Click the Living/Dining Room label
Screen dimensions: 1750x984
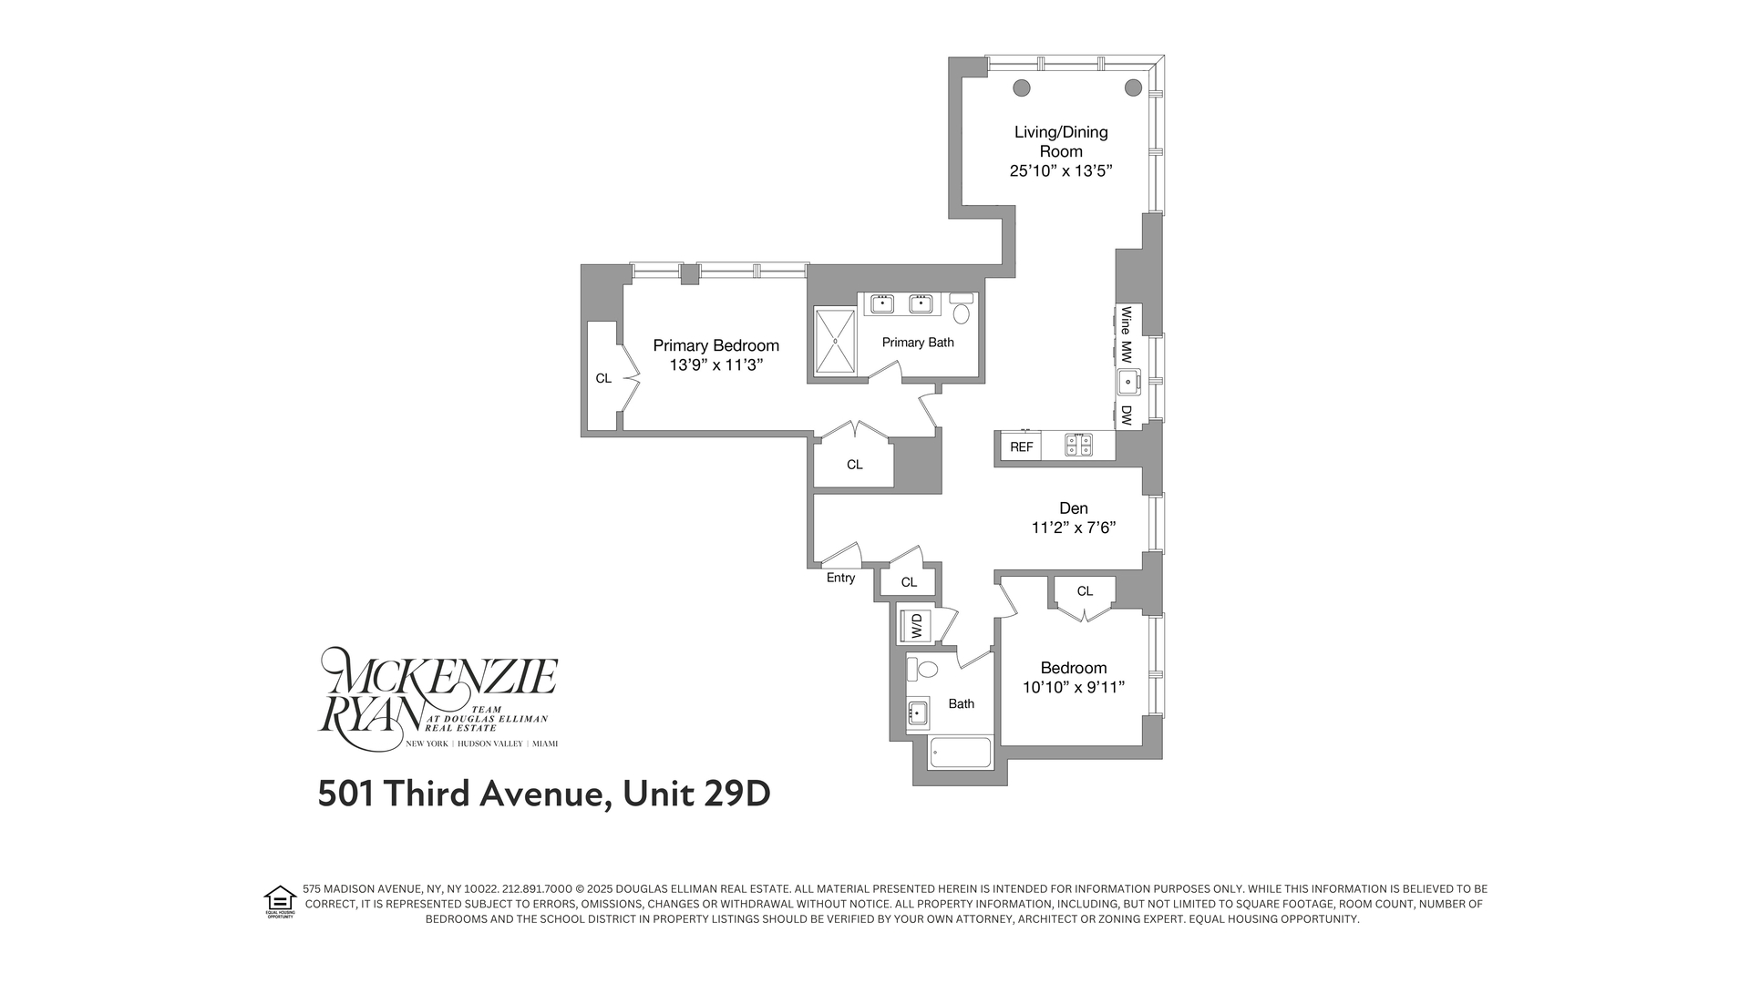tap(1061, 141)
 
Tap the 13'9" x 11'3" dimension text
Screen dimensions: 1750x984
tap(715, 365)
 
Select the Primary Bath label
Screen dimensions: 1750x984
tap(918, 343)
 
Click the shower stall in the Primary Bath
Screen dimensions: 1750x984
tap(835, 341)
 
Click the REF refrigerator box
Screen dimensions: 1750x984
tap(1021, 446)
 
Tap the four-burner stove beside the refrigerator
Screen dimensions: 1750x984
tap(1079, 446)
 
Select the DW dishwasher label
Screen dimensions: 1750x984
tap(1127, 415)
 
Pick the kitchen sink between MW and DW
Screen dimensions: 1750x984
tap(1128, 382)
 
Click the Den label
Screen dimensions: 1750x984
tap(1073, 508)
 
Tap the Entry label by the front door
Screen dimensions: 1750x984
tap(840, 578)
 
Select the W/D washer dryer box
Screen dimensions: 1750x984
tap(916, 625)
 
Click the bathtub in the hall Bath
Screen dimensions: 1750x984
tap(959, 753)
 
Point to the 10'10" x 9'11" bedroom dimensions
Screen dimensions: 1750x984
tap(1073, 688)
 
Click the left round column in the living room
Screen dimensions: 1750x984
tap(1022, 87)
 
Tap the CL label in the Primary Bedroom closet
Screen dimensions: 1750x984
tap(603, 378)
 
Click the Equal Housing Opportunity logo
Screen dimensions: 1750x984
tap(280, 901)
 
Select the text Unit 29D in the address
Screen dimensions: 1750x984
tap(696, 794)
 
